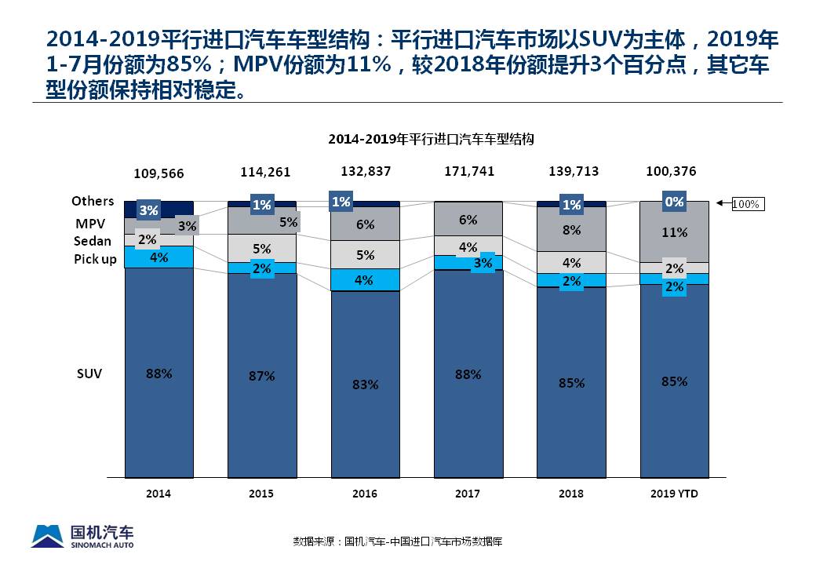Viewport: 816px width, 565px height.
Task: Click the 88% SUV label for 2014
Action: coord(158,374)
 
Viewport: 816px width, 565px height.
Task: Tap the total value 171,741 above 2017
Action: coord(468,170)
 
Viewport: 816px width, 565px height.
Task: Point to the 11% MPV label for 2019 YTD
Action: coord(675,232)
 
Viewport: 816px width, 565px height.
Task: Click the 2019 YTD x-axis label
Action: coord(675,494)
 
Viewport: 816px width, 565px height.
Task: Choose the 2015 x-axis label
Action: coord(261,494)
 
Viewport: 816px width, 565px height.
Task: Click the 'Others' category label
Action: coord(93,202)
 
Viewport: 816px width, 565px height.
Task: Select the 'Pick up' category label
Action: coord(95,259)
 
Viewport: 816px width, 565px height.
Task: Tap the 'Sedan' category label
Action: coord(93,241)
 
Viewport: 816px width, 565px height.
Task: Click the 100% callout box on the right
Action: coord(746,204)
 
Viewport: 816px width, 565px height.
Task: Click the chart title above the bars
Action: coord(431,139)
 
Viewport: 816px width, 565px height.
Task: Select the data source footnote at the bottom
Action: coord(397,541)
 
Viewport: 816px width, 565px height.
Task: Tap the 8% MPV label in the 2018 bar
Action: coord(571,230)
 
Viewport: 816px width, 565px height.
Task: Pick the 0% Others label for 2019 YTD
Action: coord(675,202)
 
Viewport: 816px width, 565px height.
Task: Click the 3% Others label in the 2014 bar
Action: coord(148,210)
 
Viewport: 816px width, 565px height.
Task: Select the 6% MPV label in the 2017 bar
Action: coord(468,221)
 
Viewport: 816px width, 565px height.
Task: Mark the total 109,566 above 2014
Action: coord(159,173)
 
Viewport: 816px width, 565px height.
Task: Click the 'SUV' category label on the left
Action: coord(88,374)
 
